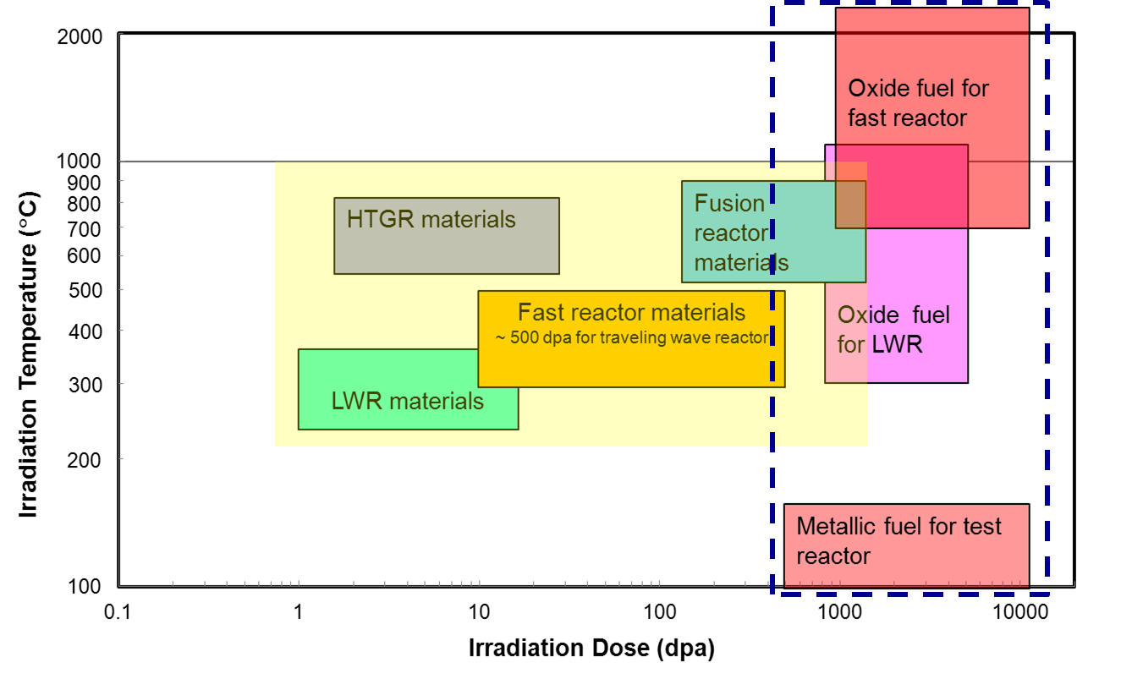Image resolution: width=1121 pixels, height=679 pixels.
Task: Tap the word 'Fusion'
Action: [729, 204]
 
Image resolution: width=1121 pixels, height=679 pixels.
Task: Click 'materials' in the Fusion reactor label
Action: [741, 263]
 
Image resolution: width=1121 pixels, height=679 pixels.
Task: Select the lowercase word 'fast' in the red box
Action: [868, 118]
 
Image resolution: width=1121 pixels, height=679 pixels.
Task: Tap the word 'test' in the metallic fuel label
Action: [982, 527]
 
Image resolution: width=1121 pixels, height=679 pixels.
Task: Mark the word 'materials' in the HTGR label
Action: [468, 220]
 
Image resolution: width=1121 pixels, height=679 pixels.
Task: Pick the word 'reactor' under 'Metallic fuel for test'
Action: [833, 556]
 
